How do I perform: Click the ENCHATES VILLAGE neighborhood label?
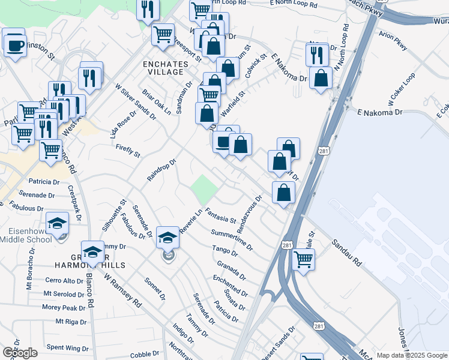point(163,67)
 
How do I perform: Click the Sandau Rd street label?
point(346,253)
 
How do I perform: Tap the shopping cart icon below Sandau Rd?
point(304,260)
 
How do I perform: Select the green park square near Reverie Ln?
point(204,189)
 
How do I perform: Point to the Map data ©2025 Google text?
point(412,355)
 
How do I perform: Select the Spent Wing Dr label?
point(67,347)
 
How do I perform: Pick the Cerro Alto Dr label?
point(64,280)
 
